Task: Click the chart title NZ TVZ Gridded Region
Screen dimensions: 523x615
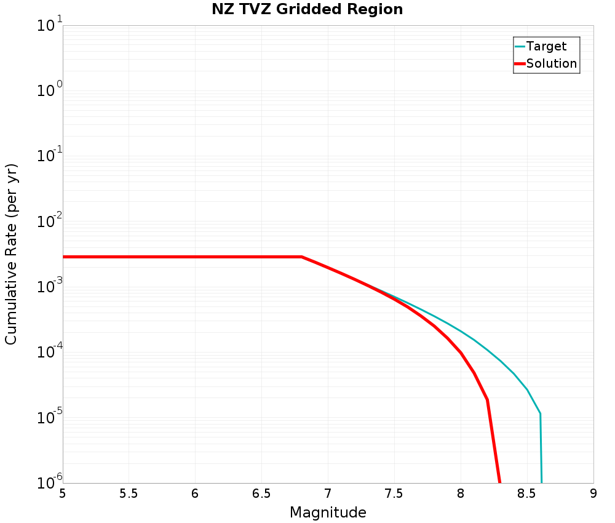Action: coord(307,9)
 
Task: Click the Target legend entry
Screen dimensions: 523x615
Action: coord(546,46)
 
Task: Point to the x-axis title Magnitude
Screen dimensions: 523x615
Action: coord(328,513)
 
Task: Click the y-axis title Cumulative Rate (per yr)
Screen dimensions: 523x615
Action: coord(11,254)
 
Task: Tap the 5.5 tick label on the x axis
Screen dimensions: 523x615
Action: coord(129,493)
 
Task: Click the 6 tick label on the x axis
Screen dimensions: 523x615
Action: coord(195,493)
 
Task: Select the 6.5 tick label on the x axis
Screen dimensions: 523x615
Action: coord(261,493)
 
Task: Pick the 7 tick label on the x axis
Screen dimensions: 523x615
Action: coord(328,493)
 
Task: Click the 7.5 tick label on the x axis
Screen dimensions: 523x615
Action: coord(394,493)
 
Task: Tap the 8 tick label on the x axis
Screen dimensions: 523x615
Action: coord(461,493)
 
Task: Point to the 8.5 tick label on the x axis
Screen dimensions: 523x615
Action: coord(527,493)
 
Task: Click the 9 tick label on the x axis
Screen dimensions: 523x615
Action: coord(593,493)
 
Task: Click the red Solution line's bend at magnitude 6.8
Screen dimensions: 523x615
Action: coord(301,257)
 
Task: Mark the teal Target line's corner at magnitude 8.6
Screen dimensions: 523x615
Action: coord(540,413)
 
